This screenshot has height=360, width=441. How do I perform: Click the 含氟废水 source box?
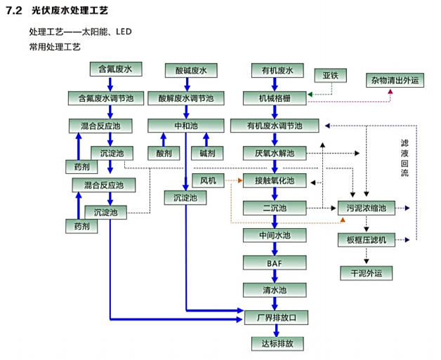pos(116,69)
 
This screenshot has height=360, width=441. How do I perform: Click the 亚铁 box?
pos(331,74)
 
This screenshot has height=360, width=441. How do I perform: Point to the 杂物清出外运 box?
pos(394,81)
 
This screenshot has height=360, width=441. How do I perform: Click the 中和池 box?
pos(186,126)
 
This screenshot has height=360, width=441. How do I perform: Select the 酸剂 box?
pos(163,152)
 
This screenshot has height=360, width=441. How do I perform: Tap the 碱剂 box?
pos(207,152)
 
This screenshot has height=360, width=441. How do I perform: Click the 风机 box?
pos(208,180)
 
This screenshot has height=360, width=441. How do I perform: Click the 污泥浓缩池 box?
pos(366,208)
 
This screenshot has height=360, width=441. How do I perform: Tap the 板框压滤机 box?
pos(366,241)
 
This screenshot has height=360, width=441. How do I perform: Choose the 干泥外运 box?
pos(366,272)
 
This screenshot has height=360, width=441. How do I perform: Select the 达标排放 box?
pos(276,344)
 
